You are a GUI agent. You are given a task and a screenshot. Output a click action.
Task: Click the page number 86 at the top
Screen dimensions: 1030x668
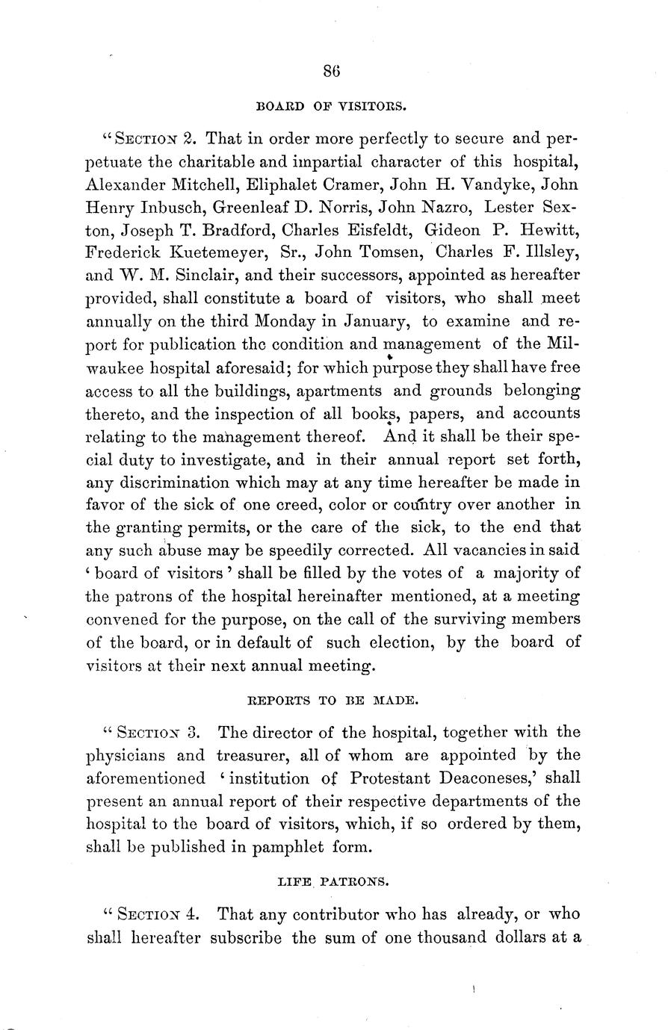point(333,72)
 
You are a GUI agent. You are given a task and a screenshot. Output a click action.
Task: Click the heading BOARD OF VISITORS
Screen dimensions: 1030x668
point(332,106)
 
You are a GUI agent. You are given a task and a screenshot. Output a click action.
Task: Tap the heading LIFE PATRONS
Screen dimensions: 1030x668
point(333,881)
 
